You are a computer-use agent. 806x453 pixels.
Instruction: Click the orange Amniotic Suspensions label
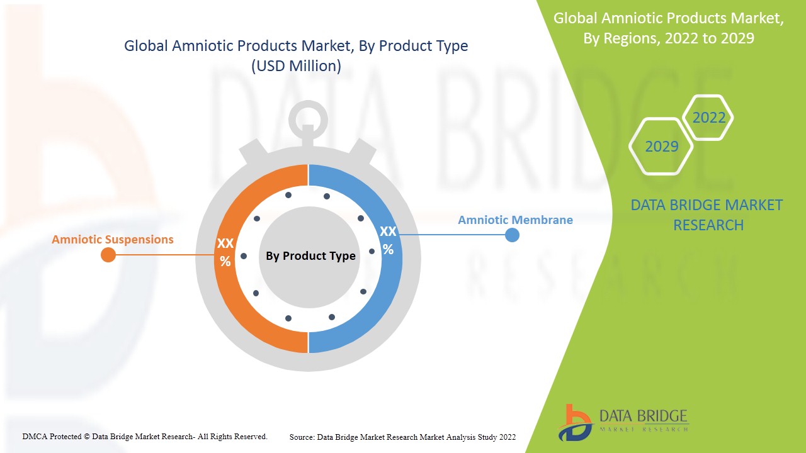[112, 240]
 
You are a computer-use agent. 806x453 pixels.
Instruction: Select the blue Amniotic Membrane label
[515, 220]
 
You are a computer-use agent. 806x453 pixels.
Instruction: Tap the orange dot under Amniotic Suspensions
[108, 255]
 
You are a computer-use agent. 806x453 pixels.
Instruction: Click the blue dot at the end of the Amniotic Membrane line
[513, 235]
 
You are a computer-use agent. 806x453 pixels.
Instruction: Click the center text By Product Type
[310, 256]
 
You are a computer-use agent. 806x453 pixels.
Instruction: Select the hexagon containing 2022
[708, 118]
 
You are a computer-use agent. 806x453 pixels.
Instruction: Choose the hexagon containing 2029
[661, 147]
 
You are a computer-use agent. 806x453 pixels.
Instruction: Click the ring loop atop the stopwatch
[308, 117]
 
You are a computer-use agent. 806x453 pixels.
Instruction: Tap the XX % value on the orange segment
[225, 252]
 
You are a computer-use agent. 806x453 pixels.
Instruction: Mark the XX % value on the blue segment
[388, 240]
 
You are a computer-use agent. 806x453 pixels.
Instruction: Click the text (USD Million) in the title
[296, 66]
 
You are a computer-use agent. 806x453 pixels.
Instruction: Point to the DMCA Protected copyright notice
[145, 436]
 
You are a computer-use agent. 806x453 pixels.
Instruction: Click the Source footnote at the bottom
[402, 437]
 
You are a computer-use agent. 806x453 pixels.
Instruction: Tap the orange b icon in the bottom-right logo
[574, 422]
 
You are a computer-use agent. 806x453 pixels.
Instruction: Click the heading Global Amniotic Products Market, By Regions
[669, 28]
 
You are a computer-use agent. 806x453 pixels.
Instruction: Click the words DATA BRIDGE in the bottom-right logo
[644, 416]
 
